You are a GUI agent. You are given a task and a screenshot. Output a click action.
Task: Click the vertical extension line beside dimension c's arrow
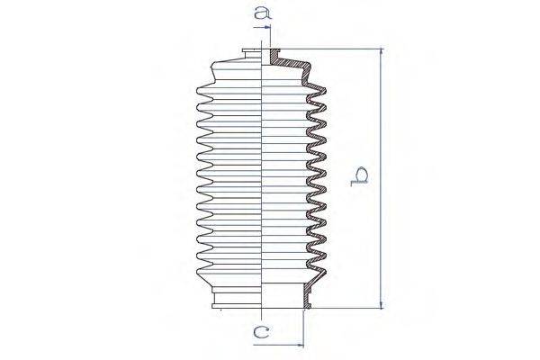(304, 328)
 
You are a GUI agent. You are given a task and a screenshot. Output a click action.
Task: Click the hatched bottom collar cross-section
(307, 301)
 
